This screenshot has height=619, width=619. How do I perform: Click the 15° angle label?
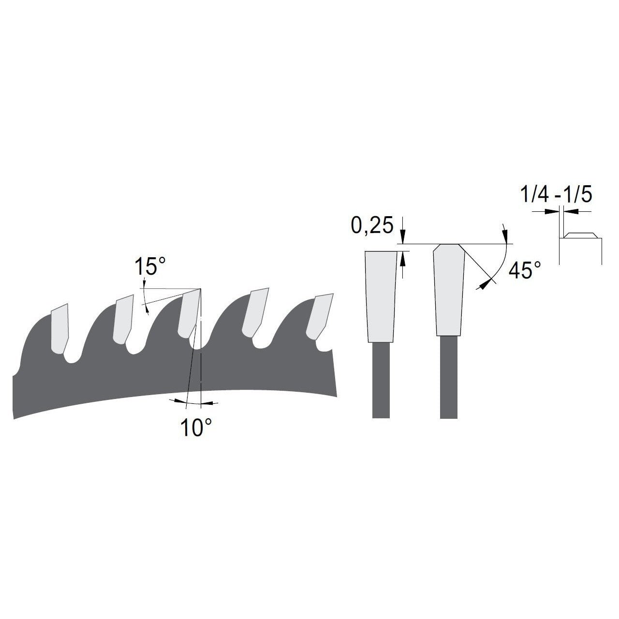(x=150, y=266)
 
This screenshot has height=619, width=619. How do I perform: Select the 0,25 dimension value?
(x=372, y=225)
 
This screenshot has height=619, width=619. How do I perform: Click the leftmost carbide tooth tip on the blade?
(x=60, y=328)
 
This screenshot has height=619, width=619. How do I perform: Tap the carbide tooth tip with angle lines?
(x=190, y=313)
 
